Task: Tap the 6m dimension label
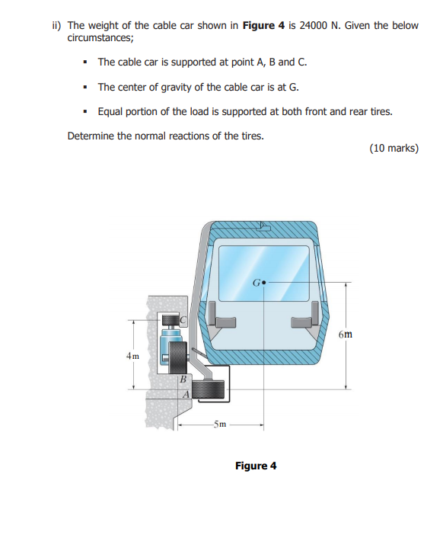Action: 346,334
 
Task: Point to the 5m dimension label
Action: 219,424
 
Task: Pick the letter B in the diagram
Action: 183,379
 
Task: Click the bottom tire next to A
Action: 208,390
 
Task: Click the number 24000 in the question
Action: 315,25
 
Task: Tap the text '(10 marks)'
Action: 393,148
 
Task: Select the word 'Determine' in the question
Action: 93,136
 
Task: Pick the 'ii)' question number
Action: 57,25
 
